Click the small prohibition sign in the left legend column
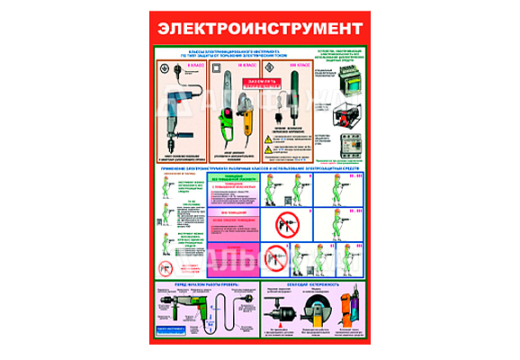164,268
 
